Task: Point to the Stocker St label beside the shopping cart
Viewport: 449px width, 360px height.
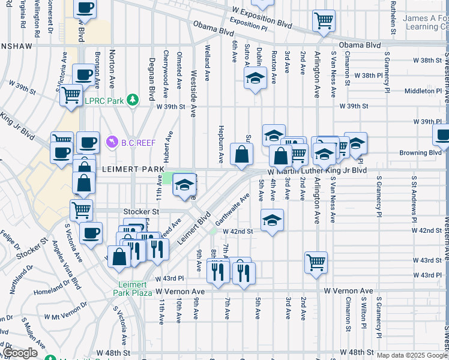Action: click(x=141, y=212)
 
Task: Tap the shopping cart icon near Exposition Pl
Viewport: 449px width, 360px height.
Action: click(x=324, y=21)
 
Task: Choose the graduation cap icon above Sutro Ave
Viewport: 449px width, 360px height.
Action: click(x=255, y=78)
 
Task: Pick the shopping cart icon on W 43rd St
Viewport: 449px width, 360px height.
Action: click(x=316, y=262)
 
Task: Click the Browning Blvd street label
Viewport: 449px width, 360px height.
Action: click(x=420, y=152)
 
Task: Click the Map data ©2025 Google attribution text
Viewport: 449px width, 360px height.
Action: click(x=411, y=355)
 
